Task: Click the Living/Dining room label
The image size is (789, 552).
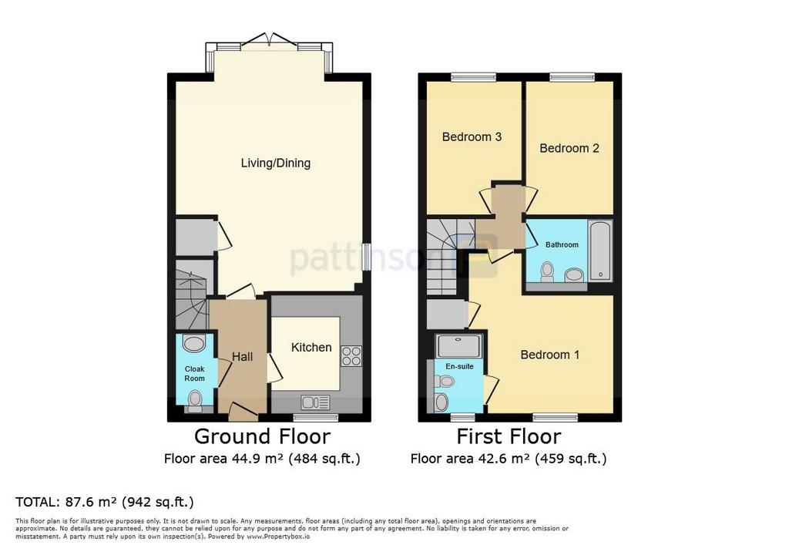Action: point(275,163)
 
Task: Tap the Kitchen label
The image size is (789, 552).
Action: point(311,348)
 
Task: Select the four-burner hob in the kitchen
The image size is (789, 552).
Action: point(351,356)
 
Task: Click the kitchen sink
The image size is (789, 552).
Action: point(315,402)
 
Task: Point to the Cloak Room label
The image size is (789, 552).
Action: point(194,374)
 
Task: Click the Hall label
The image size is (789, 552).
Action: point(242,357)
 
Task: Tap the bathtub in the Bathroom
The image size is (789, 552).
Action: point(599,251)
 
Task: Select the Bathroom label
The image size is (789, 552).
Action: point(562,244)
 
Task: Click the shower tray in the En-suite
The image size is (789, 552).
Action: point(459,346)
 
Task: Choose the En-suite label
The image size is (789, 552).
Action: point(459,367)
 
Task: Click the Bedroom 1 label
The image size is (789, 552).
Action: point(550,355)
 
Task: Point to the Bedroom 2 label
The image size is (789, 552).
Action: point(569,149)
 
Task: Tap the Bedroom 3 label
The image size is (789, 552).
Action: point(472,137)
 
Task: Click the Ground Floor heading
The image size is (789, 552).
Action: point(262,436)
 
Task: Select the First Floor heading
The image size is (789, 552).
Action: point(509,436)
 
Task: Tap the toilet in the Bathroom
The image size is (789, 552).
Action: point(546,272)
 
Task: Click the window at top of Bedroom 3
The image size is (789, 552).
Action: point(474,78)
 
